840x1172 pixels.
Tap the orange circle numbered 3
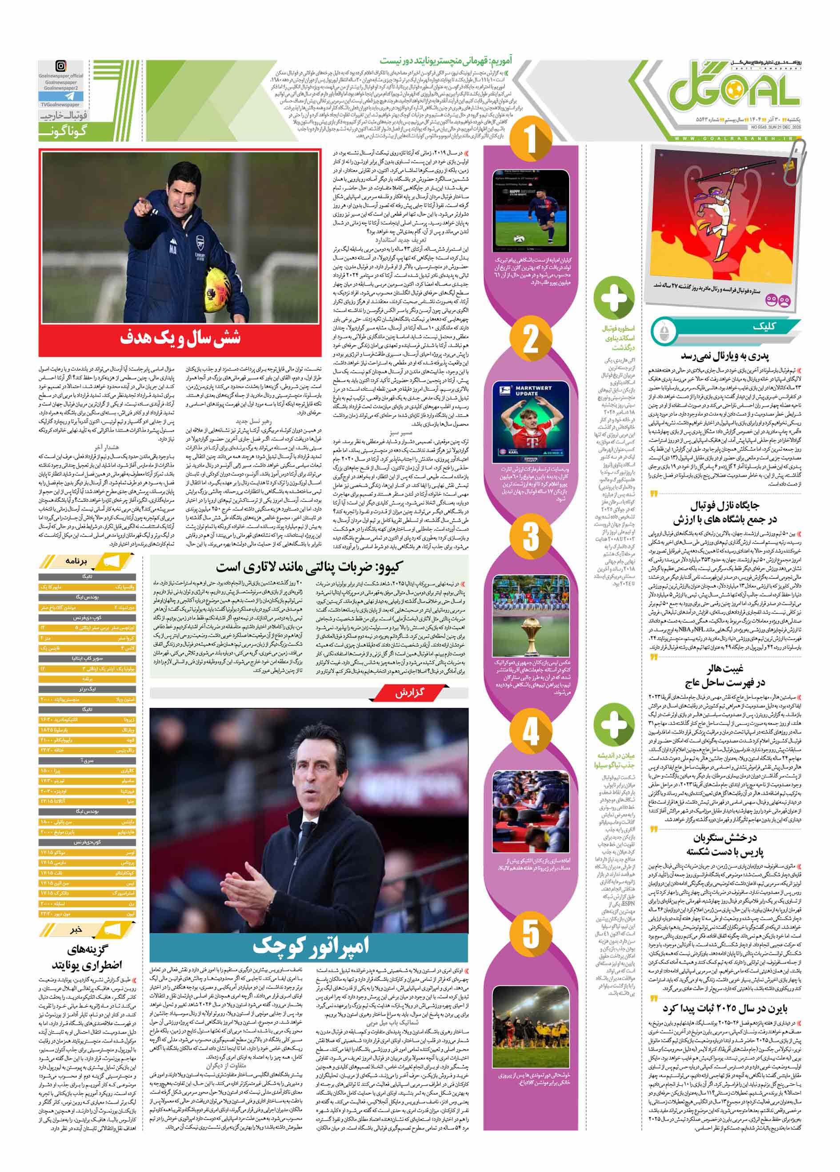(531, 536)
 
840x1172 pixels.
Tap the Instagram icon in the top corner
(61, 66)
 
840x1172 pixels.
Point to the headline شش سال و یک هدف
(180, 339)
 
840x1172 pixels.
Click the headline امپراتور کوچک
(311, 945)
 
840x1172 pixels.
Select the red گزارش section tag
(409, 692)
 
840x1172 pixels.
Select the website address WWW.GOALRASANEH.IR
(734, 139)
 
